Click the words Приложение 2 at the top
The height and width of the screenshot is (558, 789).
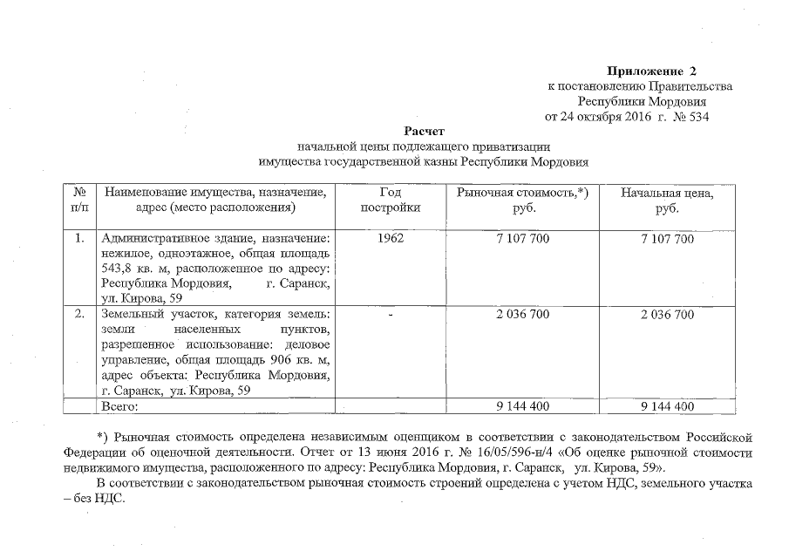(x=652, y=70)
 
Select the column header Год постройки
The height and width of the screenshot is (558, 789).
(x=390, y=200)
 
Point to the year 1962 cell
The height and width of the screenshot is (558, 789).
(x=390, y=239)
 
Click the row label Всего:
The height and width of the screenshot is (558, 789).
(x=120, y=406)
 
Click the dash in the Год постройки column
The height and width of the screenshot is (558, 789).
(x=390, y=314)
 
